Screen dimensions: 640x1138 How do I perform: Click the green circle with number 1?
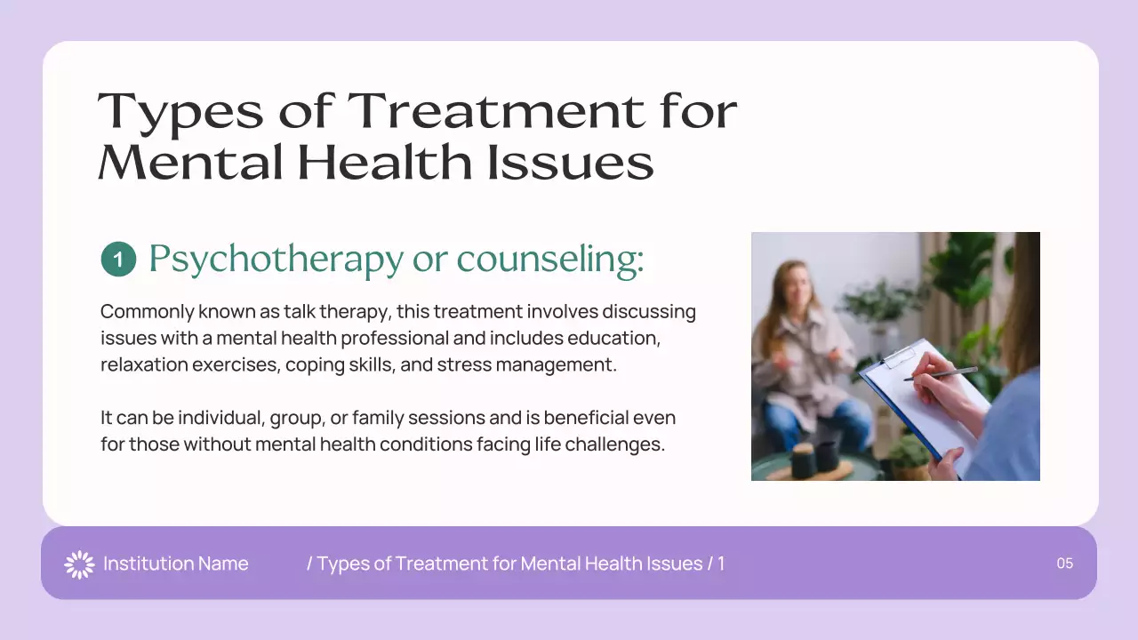click(x=118, y=260)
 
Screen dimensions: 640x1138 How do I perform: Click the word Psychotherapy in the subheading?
click(x=275, y=259)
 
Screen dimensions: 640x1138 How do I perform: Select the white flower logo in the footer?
click(x=79, y=564)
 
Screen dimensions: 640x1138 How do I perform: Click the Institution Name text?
click(x=175, y=564)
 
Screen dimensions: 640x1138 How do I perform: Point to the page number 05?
click(x=1064, y=564)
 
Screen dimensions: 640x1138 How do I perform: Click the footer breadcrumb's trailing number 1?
click(x=721, y=564)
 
